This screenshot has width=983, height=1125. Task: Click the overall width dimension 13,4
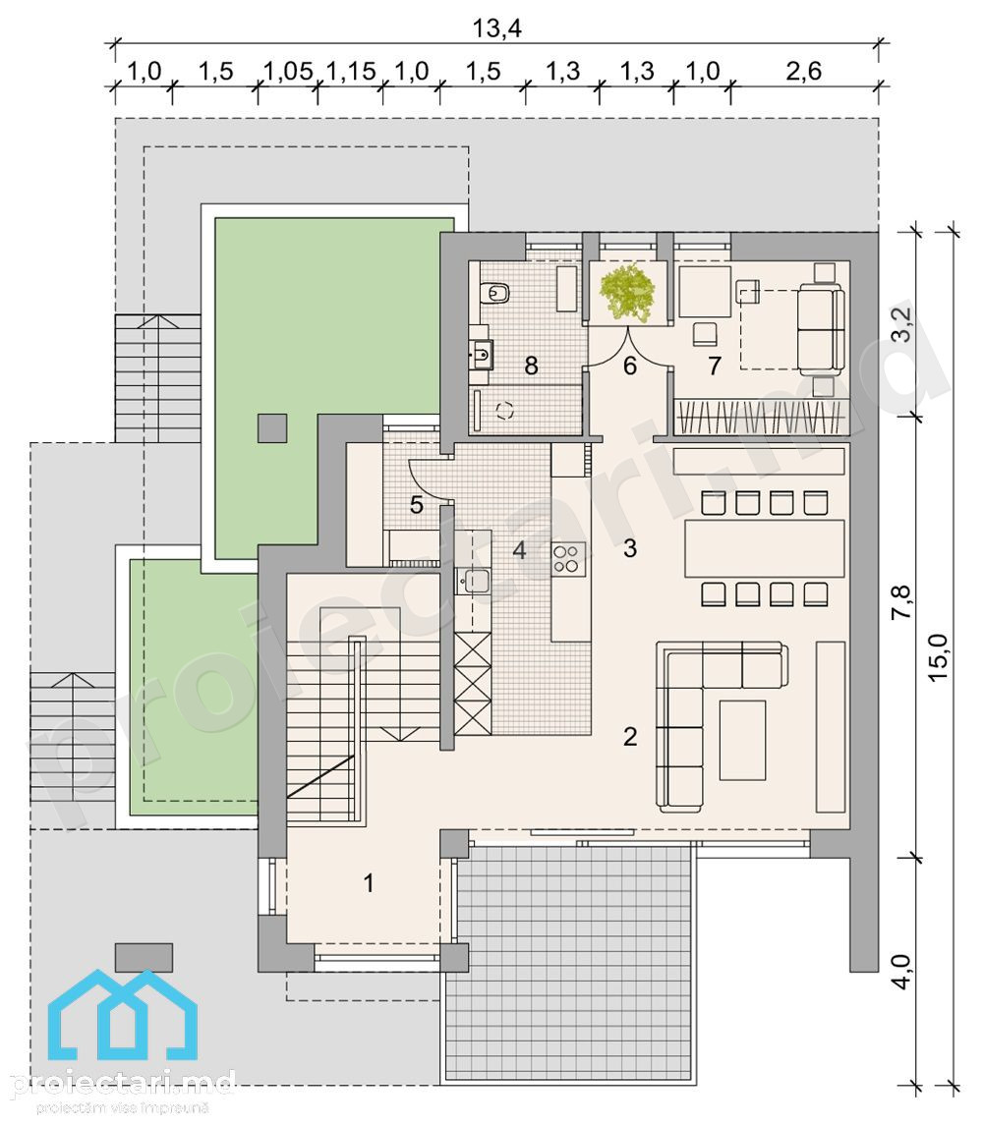tap(496, 28)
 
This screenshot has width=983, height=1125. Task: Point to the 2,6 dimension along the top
tap(803, 71)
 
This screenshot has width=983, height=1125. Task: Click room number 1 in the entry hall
tap(369, 882)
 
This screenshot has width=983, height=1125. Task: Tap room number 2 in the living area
tap(630, 736)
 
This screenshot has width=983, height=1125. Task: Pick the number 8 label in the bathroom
tap(532, 366)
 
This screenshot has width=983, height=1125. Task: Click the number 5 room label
tap(417, 504)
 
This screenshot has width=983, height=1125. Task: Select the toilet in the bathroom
tap(496, 292)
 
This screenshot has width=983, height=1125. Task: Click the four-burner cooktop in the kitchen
tap(568, 558)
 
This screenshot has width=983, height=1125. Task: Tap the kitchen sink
tap(474, 581)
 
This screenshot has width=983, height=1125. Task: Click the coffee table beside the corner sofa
tap(742, 740)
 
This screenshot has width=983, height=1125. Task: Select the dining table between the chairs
tap(765, 548)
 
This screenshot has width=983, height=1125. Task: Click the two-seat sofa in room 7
tap(820, 328)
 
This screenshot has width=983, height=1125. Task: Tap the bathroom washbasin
tap(481, 354)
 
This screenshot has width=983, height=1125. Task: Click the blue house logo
tap(123, 1014)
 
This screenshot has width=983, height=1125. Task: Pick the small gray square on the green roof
tap(273, 427)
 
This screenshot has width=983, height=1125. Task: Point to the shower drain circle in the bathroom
tap(505, 411)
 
